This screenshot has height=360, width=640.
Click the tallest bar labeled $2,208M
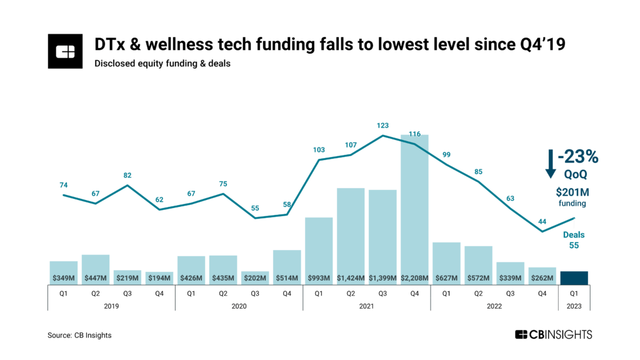click(x=414, y=206)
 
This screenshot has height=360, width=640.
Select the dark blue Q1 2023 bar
click(x=574, y=278)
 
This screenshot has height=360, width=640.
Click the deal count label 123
click(x=383, y=126)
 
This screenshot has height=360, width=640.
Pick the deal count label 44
click(x=542, y=222)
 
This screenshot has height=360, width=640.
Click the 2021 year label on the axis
click(x=366, y=306)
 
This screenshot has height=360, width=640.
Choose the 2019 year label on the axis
click(x=111, y=306)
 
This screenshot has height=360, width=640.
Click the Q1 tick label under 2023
click(x=574, y=292)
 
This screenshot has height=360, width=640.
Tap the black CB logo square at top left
click(x=65, y=51)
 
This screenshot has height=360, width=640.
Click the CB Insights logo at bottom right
click(x=553, y=335)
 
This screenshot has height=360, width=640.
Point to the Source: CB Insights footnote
click(x=79, y=336)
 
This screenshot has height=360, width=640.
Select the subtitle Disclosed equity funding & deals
click(x=162, y=63)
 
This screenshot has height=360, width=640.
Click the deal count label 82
click(x=127, y=176)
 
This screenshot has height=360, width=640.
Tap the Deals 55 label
click(x=574, y=240)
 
